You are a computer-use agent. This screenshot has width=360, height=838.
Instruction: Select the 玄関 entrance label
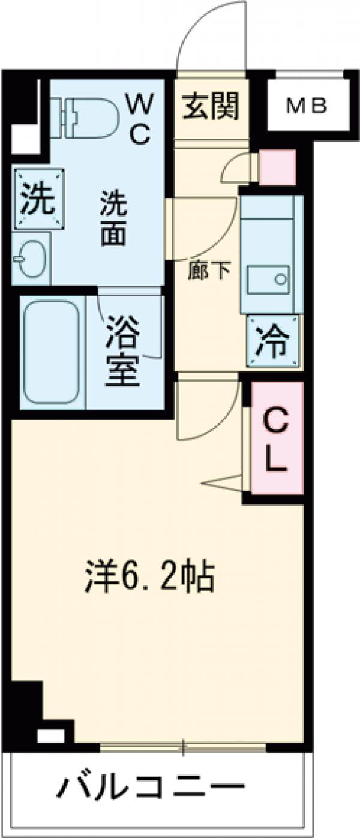pyautogui.click(x=210, y=106)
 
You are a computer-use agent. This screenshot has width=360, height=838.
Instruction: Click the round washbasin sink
pyautogui.click(x=29, y=259)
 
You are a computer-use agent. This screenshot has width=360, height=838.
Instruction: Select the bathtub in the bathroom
pyautogui.click(x=52, y=352)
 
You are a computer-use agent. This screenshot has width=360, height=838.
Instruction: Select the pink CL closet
pyautogui.click(x=277, y=438)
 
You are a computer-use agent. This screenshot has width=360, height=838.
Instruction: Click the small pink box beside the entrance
pyautogui.click(x=277, y=167)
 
